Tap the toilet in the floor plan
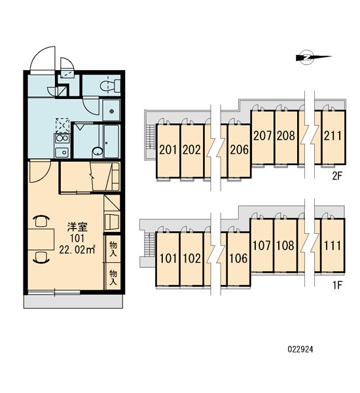coord(111,86)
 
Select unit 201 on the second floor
coord(168,151)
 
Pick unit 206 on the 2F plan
coord(240,151)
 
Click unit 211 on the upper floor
coord(333,137)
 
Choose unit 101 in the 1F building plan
coord(168,259)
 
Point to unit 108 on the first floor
coord(285,245)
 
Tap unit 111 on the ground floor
coord(333,245)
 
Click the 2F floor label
coord(337,176)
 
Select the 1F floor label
coord(337,285)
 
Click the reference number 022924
coord(300,349)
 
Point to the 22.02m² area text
coord(77,250)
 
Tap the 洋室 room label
coord(77,227)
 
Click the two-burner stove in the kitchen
coord(62,138)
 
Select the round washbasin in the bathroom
coord(98,151)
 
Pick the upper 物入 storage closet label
coord(113,249)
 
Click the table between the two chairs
coord(41,239)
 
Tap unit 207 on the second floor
coord(262,137)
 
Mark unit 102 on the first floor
coord(192,259)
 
